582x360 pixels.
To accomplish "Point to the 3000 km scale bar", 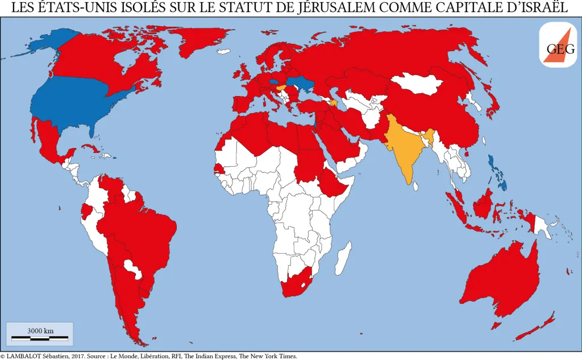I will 40,337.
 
